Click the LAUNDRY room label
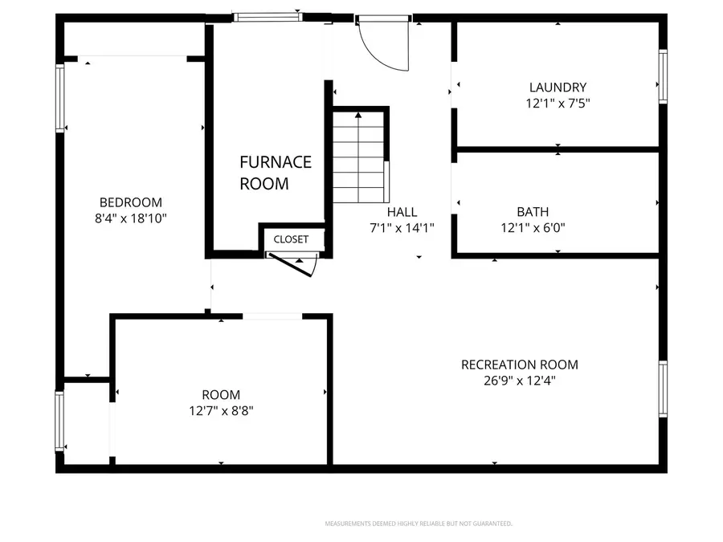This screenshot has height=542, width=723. pos(558,88)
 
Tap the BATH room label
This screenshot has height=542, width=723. pos(533,212)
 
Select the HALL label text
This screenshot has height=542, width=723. pos(402,212)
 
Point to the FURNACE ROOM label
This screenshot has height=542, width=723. pos(275,173)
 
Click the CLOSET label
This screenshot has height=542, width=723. pos(291,239)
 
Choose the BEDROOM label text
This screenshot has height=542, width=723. pos(130,202)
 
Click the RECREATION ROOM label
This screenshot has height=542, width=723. pos(519,365)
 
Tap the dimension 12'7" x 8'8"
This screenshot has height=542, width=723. pos(221,410)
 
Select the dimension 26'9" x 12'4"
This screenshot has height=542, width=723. pos(519,381)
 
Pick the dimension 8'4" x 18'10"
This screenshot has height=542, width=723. pos(130,218)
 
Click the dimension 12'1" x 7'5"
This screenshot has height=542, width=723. pos(558,103)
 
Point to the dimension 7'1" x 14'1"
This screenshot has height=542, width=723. pos(402,227)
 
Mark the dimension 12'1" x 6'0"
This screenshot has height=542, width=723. pos(533,227)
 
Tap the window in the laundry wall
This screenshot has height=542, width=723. pos(663,77)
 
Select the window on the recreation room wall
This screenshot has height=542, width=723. pos(663,390)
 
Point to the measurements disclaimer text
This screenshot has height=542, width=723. pos(418,524)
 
